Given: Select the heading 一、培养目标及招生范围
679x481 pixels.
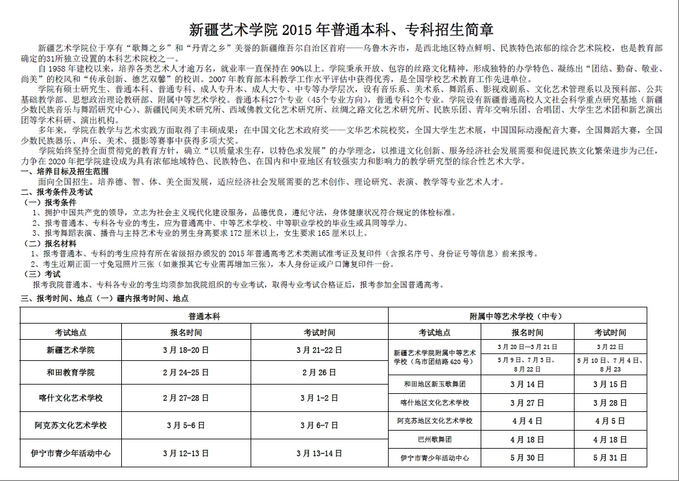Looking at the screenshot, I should pos(65,170).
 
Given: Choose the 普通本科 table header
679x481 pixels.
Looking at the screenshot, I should pos(204,315).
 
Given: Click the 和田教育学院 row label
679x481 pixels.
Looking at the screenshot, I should pos(70,372).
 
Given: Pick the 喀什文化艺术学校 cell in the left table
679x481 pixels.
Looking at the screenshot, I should pos(70,398).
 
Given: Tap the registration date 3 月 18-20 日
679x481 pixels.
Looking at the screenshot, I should pos(186,350).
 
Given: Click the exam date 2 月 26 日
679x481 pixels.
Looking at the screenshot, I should pos(319,372).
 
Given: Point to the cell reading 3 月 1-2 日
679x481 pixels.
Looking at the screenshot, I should pos(319,398).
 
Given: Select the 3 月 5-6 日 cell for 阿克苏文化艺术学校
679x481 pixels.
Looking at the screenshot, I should pos(186,426).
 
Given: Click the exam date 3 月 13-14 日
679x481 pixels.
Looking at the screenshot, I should pos(319,453).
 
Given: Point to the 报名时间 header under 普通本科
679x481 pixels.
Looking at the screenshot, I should pos(186,332).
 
